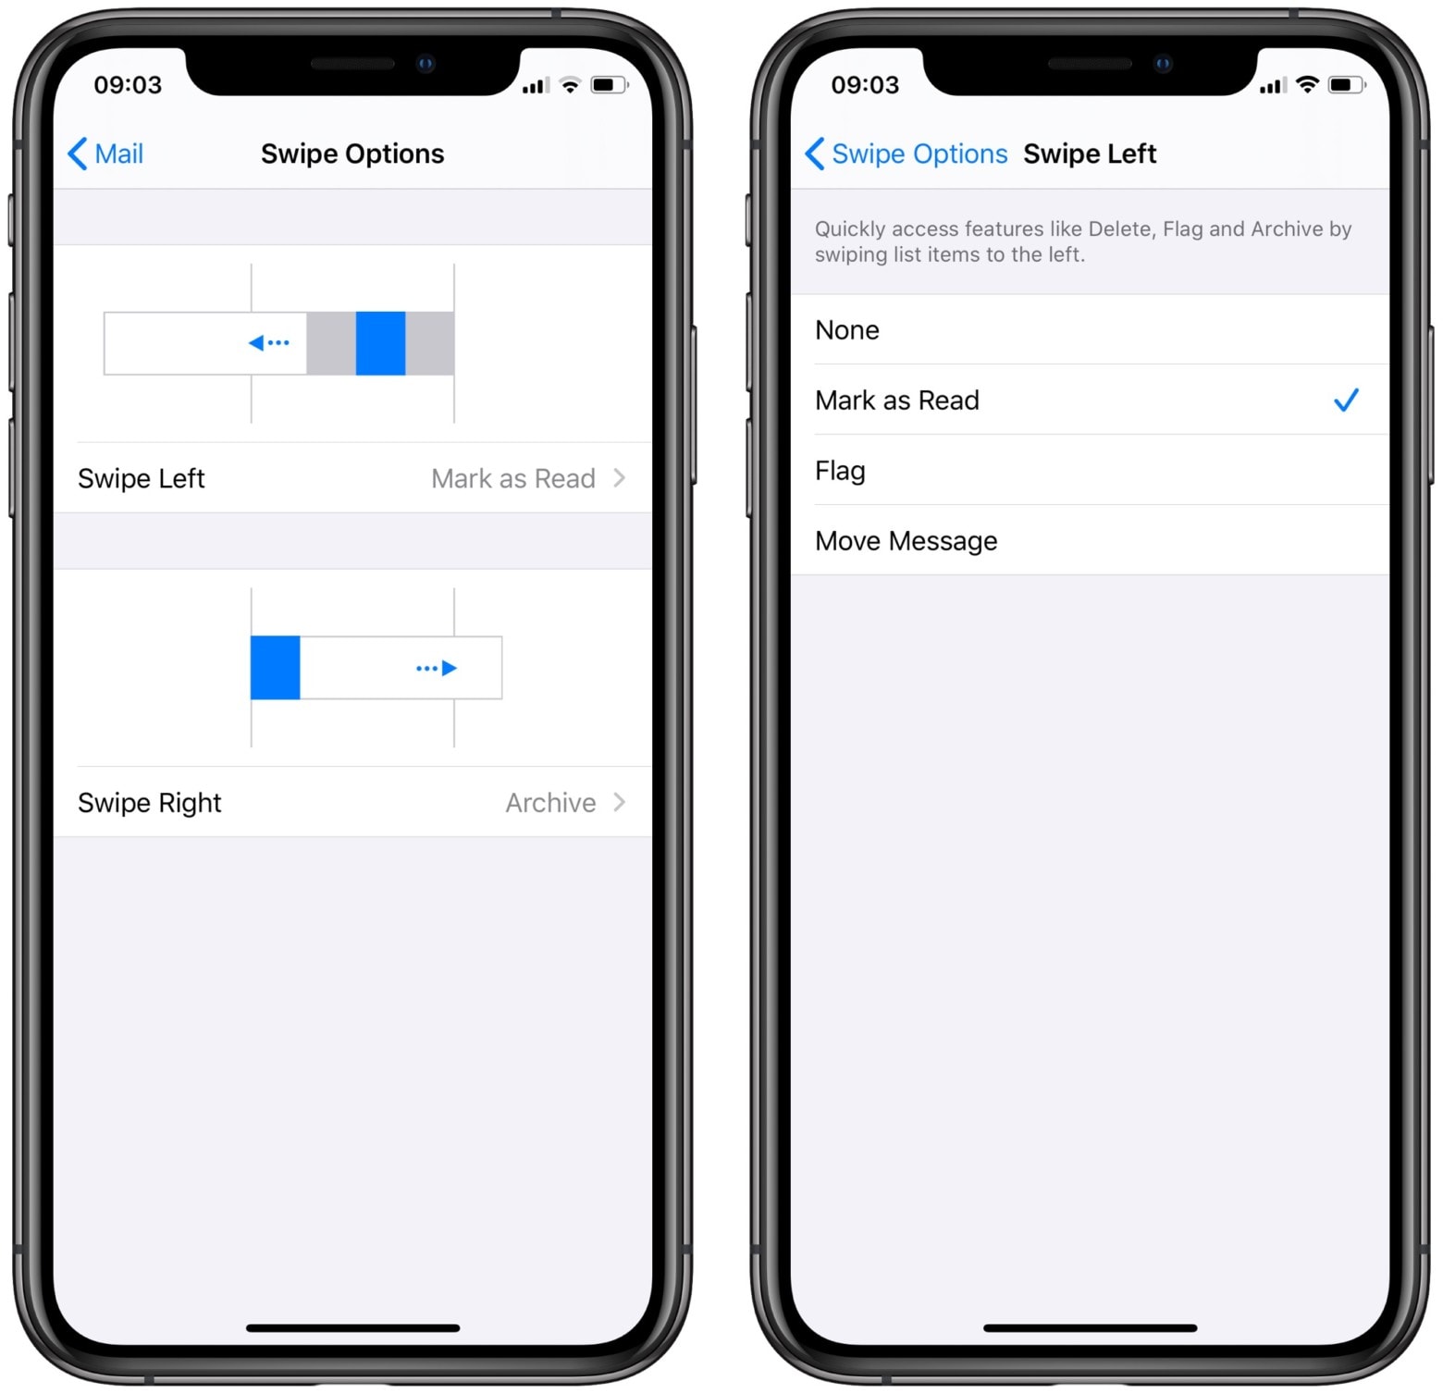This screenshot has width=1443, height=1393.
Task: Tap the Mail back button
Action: [106, 154]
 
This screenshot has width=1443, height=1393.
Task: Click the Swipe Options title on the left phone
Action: [352, 154]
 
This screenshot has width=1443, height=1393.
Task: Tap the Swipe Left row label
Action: [142, 478]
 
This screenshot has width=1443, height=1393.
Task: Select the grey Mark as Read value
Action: [513, 478]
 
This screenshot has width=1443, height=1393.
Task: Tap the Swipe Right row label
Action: [150, 803]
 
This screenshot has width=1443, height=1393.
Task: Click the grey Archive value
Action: [550, 803]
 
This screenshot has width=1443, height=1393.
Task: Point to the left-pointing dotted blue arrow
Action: [269, 343]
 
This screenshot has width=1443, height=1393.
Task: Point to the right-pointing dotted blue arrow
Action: [437, 668]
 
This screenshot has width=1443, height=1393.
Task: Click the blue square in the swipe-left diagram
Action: [380, 343]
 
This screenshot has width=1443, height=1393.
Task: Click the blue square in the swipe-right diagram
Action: [275, 668]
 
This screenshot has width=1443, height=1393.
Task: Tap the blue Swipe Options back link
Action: [906, 154]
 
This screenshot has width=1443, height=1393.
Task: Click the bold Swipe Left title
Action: [1090, 154]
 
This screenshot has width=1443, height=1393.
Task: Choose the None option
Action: [847, 330]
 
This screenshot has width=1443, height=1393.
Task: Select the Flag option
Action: [840, 471]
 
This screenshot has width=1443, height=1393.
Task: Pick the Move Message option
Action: [906, 541]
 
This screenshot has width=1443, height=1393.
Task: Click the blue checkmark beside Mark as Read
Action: [1346, 401]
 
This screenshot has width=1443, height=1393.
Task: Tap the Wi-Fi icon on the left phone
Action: [571, 86]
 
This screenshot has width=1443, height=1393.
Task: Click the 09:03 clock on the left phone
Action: [128, 85]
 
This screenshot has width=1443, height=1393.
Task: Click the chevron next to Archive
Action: [620, 802]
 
